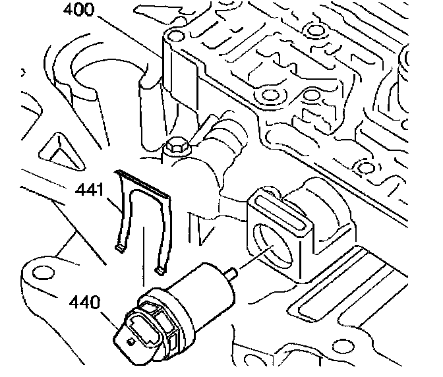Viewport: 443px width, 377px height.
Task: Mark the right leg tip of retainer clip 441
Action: point(160,269)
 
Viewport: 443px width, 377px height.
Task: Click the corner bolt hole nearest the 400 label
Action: point(174,36)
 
